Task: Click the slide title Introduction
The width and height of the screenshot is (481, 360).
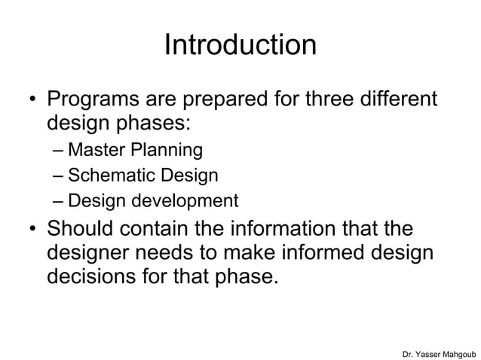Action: [240, 45]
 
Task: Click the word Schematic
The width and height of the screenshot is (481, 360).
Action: [103, 175]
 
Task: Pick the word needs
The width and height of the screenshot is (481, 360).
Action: [170, 252]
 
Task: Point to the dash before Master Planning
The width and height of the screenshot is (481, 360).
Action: [58, 151]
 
